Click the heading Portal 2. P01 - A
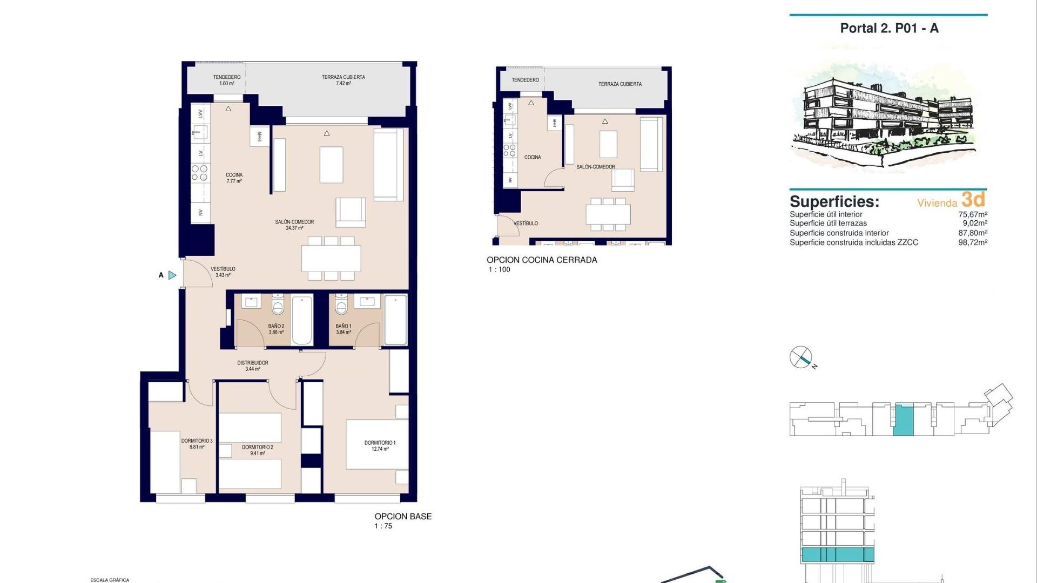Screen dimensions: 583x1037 click(889, 29)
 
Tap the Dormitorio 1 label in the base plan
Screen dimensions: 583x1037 click(380, 445)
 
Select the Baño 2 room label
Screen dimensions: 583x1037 click(276, 329)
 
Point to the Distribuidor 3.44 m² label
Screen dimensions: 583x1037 click(253, 365)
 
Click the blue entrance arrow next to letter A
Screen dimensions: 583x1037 click(172, 275)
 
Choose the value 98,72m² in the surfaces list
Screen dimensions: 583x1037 click(972, 242)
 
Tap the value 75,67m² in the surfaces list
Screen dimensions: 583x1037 click(972, 214)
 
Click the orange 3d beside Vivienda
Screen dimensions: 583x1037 click(973, 200)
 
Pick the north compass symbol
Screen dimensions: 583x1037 click(801, 357)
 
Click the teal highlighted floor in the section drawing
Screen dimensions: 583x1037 click(837, 554)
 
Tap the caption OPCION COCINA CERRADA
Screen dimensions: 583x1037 click(542, 260)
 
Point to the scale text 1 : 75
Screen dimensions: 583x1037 click(383, 526)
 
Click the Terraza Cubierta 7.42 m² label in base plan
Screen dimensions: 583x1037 click(343, 80)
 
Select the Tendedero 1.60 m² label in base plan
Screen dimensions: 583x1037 click(226, 80)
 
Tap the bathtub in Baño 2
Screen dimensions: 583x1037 click(302, 320)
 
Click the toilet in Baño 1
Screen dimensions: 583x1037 click(341, 306)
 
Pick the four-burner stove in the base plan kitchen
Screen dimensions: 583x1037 click(199, 173)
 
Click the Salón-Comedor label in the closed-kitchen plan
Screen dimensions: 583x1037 click(595, 167)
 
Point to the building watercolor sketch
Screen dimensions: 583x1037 click(886, 116)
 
